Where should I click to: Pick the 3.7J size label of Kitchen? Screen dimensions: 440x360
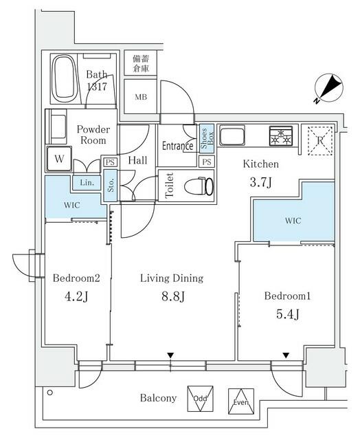[261, 182]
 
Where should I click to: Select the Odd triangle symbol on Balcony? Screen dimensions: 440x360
[200, 398]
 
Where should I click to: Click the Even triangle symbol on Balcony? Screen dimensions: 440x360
[240, 399]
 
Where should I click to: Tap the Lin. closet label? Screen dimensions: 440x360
[87, 183]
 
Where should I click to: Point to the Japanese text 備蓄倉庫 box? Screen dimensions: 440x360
[139, 64]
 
